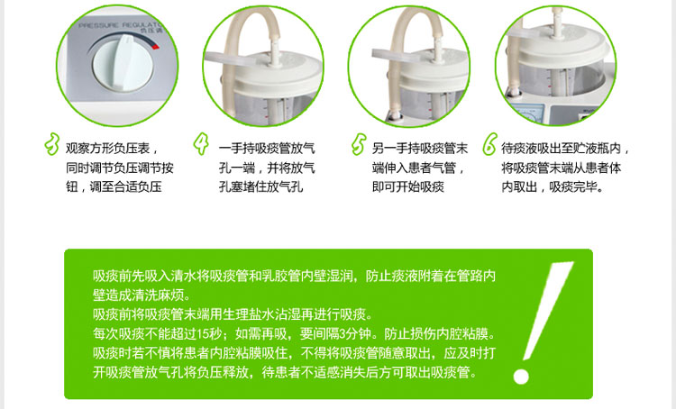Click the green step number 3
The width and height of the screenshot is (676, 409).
[x=50, y=144]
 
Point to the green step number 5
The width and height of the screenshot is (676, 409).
[x=359, y=144]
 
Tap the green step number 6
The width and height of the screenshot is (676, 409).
[x=489, y=144]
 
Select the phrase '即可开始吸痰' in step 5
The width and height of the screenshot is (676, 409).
[x=408, y=187]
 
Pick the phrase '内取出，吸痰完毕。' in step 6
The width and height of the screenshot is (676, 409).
[x=553, y=187]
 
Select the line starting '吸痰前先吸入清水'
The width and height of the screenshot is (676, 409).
[x=294, y=275]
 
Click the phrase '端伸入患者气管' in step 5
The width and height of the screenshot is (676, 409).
[x=416, y=168]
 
